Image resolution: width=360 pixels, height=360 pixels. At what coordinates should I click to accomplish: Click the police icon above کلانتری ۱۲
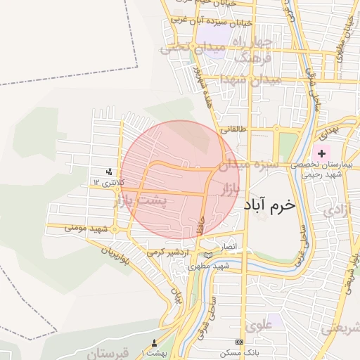click(x=109, y=172)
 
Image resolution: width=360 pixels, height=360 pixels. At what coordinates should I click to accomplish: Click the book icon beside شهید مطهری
click(x=207, y=255)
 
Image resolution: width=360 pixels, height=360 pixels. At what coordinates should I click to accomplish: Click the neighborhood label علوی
click(x=258, y=326)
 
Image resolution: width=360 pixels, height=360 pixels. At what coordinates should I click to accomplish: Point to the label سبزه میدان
click(x=247, y=166)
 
